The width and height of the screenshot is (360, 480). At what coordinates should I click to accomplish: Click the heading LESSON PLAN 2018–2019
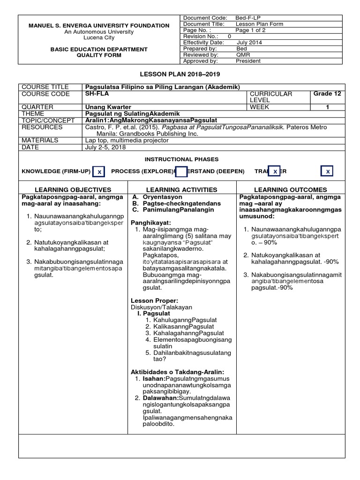[180, 75]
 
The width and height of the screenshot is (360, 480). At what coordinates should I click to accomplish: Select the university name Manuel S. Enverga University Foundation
[99, 25]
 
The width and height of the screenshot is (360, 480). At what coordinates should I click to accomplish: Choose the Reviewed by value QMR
[243, 54]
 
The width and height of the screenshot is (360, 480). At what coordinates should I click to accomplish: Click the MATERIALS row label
[40, 140]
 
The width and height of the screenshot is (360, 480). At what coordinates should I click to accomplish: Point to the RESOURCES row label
[42, 127]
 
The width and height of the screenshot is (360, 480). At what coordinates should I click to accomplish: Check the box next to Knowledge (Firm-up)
[99, 172]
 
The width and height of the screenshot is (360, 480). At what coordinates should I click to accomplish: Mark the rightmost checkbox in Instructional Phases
[328, 172]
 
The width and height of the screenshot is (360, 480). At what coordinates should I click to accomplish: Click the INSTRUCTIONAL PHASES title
[181, 160]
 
